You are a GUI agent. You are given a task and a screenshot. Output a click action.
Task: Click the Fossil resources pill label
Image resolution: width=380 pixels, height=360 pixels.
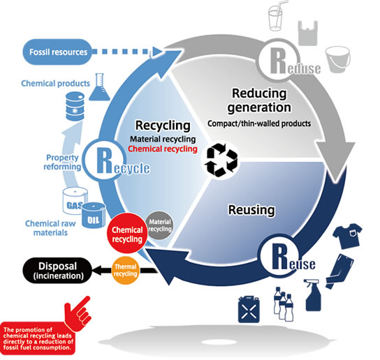(57, 52)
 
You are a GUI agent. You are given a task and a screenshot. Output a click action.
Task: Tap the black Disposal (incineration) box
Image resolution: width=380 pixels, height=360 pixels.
(58, 271)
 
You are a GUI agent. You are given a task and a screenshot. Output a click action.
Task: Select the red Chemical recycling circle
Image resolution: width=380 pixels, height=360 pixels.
(127, 233)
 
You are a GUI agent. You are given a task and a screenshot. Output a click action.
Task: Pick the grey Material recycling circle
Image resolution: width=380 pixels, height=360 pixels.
(160, 225)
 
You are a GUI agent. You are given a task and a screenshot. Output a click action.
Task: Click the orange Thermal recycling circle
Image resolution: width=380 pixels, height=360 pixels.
(125, 270)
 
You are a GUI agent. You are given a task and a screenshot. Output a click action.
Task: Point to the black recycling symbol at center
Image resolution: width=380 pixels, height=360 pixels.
(221, 160)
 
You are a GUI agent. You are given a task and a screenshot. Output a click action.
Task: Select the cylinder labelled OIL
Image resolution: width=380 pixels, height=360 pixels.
(94, 216)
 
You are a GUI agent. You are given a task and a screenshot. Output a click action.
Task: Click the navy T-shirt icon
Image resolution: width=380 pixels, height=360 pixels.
(347, 236)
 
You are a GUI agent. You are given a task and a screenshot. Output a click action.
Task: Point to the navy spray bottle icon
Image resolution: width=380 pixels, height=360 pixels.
(313, 295)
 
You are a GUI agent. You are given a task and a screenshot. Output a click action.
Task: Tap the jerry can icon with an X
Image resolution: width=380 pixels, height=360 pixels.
(249, 309)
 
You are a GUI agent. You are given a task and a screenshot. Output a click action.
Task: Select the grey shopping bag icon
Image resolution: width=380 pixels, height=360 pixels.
(308, 33)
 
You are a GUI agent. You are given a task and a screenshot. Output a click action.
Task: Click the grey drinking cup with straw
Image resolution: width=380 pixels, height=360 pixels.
(277, 16)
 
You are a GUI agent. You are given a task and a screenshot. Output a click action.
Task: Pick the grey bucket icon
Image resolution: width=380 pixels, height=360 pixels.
(337, 59)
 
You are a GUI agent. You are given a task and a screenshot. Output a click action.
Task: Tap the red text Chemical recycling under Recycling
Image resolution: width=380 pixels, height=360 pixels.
(163, 149)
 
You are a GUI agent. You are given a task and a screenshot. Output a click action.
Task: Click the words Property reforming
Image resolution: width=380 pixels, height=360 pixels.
(62, 162)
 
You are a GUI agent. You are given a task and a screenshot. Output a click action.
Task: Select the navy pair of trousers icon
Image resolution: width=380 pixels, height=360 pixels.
(339, 271)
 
